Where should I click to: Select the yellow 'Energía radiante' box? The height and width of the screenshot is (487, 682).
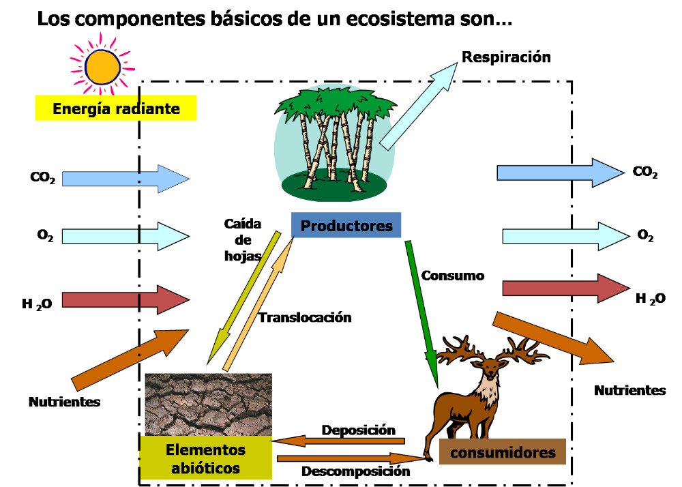[x=116, y=108]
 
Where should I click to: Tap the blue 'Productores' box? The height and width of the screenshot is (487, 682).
[x=346, y=225]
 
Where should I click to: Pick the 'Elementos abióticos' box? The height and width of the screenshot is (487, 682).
[x=205, y=458]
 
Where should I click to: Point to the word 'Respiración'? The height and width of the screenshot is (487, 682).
[x=506, y=57]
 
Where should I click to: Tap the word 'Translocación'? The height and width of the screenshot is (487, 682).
[x=304, y=317]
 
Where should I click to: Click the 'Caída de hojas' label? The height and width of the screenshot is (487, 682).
[x=243, y=240]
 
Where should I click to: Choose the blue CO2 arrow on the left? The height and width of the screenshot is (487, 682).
[x=126, y=178]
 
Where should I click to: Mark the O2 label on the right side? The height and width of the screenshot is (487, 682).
[x=645, y=235]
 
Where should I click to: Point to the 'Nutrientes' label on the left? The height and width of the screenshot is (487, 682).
[x=64, y=402]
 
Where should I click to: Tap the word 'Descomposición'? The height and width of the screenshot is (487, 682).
[x=356, y=471]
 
